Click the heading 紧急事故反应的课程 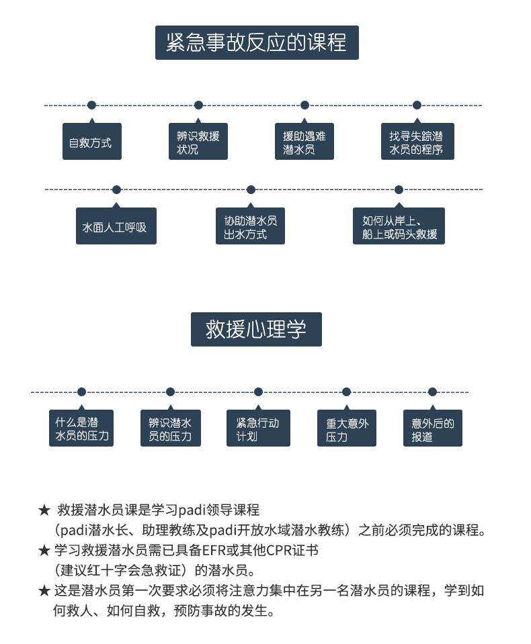[x=256, y=42]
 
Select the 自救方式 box [x=91, y=142]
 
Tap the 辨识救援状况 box [x=198, y=142]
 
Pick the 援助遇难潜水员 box [x=304, y=142]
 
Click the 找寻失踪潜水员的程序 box [x=417, y=142]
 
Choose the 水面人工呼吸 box [x=116, y=227]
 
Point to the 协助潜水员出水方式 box [x=251, y=227]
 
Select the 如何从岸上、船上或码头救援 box [x=399, y=227]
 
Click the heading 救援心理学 [x=256, y=329]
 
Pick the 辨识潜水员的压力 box [x=170, y=429]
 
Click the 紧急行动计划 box [x=258, y=429]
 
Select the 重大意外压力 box [x=347, y=429]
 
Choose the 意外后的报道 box [x=433, y=429]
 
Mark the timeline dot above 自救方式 [x=91, y=105]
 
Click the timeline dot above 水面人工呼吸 [x=116, y=189]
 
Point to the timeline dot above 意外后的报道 [x=432, y=392]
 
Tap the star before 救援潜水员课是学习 [x=44, y=509]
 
